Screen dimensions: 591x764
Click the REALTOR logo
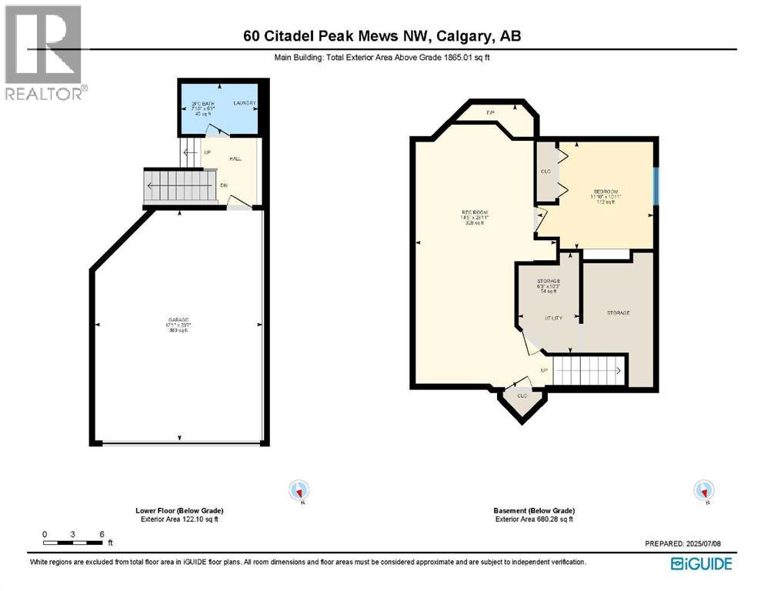pyautogui.click(x=43, y=52)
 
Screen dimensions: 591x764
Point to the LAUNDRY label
pyautogui.click(x=245, y=103)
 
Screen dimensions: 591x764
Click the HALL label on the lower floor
pyautogui.click(x=235, y=159)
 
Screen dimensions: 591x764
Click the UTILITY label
pyautogui.click(x=553, y=317)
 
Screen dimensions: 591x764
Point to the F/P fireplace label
pyautogui.click(x=490, y=114)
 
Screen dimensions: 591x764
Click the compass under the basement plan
pyautogui.click(x=703, y=490)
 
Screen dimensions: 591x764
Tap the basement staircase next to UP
pyautogui.click(x=588, y=371)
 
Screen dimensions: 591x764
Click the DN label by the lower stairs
pyautogui.click(x=224, y=185)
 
